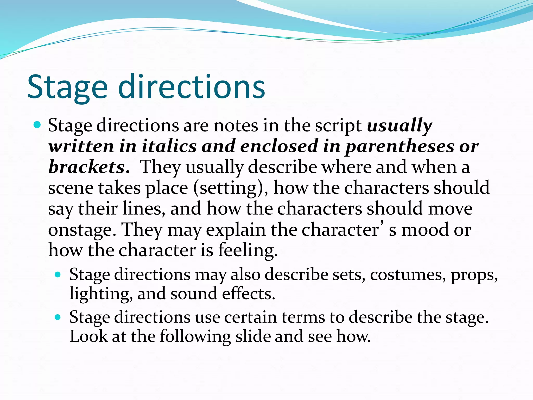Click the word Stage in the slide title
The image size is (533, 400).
point(67,87)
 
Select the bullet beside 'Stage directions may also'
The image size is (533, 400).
point(58,274)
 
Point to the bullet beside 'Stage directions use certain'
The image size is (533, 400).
point(58,317)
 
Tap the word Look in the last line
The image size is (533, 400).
point(88,336)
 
